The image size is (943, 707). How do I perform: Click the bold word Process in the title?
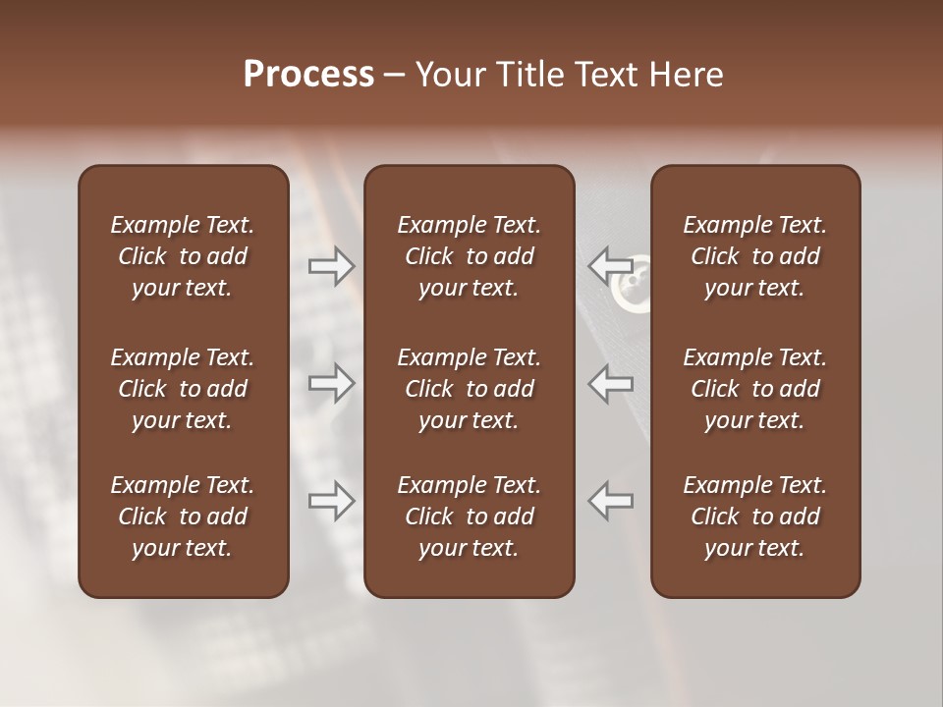tap(308, 75)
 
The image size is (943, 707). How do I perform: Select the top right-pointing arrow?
tap(332, 265)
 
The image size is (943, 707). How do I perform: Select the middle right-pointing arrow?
tap(332, 383)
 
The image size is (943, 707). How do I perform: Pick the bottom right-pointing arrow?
tap(332, 501)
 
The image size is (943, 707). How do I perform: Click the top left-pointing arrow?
tap(610, 265)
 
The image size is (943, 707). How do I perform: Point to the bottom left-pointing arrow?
tap(610, 501)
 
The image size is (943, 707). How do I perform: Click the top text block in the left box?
tap(183, 256)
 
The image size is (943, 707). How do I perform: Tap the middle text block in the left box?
tap(183, 389)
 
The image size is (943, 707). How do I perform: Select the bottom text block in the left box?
tap(183, 517)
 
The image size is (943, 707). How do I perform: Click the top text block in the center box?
tap(469, 256)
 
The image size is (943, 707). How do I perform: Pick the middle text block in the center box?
tap(469, 389)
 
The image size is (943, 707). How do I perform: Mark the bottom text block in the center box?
tap(469, 517)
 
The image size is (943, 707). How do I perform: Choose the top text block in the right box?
tap(754, 256)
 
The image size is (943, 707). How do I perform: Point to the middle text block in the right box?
tap(754, 389)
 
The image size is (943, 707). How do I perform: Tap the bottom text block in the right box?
tap(754, 517)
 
